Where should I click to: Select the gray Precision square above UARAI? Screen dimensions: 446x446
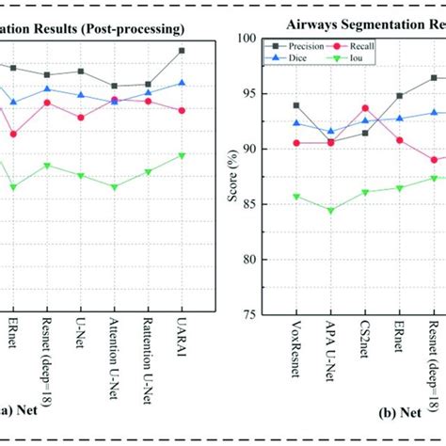182,50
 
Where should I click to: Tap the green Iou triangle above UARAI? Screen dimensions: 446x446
182,155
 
